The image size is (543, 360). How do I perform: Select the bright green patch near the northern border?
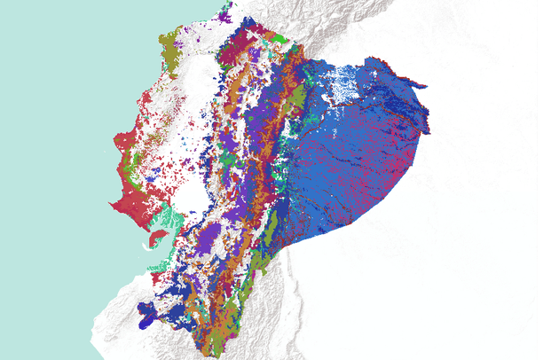tap(280, 39)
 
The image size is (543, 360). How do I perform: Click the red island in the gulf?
tap(156, 238)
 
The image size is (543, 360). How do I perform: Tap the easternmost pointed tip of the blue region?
tap(429, 133)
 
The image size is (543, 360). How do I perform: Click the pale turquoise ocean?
tap(53, 133)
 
